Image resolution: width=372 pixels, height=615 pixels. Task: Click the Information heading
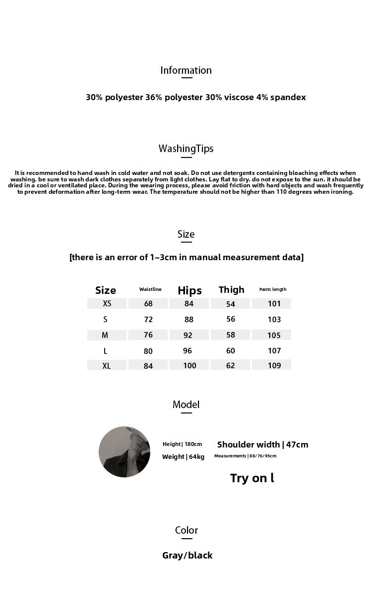point(186,70)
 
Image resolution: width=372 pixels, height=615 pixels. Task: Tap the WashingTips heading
point(186,149)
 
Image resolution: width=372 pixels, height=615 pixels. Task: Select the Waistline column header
point(150,289)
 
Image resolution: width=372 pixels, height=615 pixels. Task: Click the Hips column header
point(189,290)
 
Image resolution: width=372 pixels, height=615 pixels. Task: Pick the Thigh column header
point(232,290)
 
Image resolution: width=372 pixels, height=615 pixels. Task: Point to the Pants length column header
point(273,289)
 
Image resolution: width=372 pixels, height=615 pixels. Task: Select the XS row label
point(107,304)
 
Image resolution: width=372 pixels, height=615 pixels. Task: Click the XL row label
point(107,366)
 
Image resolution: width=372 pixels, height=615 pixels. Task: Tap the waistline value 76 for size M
point(148,335)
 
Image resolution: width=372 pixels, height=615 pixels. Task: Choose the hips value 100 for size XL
point(189,366)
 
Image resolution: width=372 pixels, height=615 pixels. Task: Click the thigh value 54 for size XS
point(231,304)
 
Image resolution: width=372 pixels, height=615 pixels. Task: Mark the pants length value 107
point(274,351)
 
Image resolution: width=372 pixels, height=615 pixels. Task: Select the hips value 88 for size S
point(188,320)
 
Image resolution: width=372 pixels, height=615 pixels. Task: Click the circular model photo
point(124,451)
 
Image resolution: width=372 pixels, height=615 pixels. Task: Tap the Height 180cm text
point(182,444)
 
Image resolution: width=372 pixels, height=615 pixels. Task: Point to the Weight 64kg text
point(183,457)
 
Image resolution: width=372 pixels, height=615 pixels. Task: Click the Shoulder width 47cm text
point(262,445)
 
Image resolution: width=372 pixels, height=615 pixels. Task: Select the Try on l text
point(252,478)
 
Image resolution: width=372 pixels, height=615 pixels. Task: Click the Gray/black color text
point(187,556)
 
